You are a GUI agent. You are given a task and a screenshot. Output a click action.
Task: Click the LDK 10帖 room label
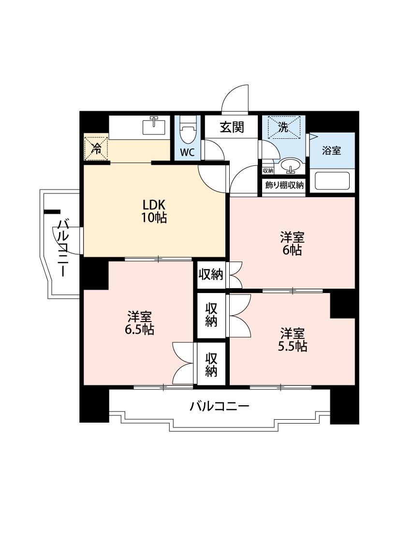tap(154, 211)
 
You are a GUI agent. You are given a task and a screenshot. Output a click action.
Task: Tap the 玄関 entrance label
tap(232, 127)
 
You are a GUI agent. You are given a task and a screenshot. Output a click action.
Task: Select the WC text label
tap(187, 153)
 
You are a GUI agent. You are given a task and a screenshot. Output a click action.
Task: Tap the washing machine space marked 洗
tap(283, 127)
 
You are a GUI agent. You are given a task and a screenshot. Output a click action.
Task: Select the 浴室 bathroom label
tap(331, 150)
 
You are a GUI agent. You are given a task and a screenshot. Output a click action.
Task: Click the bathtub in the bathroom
tap(332, 181)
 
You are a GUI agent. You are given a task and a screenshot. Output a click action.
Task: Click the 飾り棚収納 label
tap(284, 185)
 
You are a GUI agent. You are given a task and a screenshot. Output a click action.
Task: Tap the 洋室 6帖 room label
tap(292, 244)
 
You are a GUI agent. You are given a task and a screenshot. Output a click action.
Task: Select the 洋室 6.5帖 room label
tap(139, 323)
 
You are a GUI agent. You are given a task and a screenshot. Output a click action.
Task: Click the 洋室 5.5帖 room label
tap(292, 339)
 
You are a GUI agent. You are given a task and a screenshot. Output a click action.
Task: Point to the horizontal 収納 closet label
tap(210, 275)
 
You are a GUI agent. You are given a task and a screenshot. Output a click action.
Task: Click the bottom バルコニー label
tap(219, 406)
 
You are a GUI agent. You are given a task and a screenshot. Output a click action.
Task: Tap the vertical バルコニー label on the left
tap(63, 248)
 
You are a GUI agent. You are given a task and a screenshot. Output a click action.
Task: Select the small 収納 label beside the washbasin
tap(268, 170)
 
